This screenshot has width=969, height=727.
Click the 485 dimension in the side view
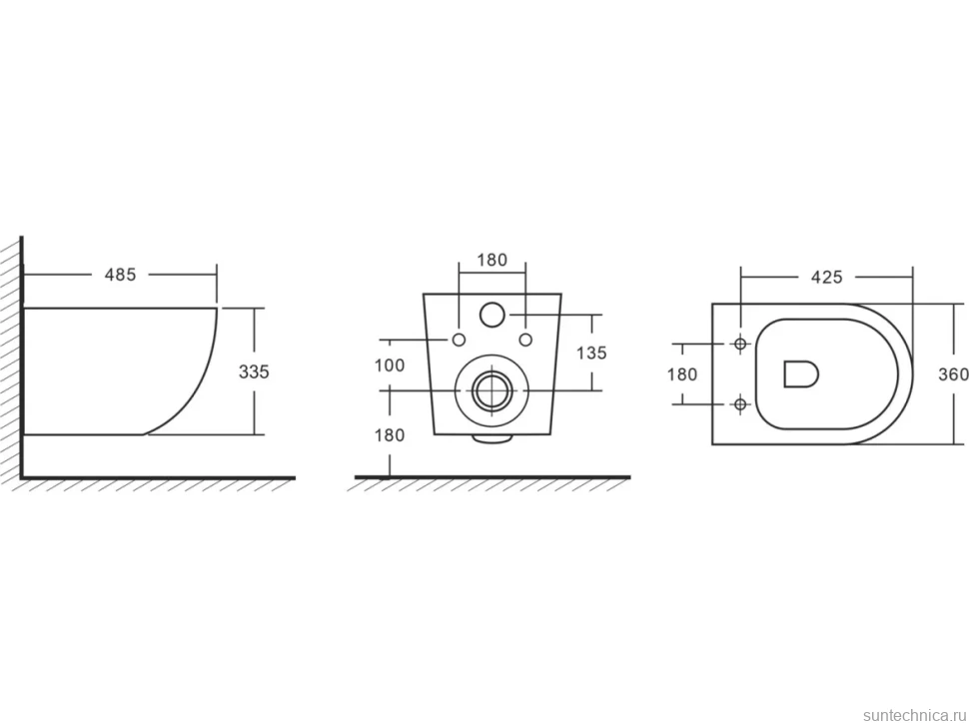pyautogui.click(x=120, y=275)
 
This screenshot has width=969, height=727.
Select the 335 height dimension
pyautogui.click(x=254, y=371)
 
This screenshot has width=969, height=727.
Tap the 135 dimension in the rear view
pyautogui.click(x=591, y=353)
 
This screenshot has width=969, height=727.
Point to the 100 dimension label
pyautogui.click(x=390, y=365)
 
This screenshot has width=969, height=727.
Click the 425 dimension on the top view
pyautogui.click(x=827, y=277)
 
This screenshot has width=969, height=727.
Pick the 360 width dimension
pyautogui.click(x=953, y=374)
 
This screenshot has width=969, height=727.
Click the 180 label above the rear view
pyautogui.click(x=491, y=260)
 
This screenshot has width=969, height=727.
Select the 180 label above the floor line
pyautogui.click(x=390, y=435)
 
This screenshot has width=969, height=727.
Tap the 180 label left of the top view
pyautogui.click(x=682, y=374)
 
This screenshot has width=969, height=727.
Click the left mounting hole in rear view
pyautogui.click(x=459, y=340)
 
